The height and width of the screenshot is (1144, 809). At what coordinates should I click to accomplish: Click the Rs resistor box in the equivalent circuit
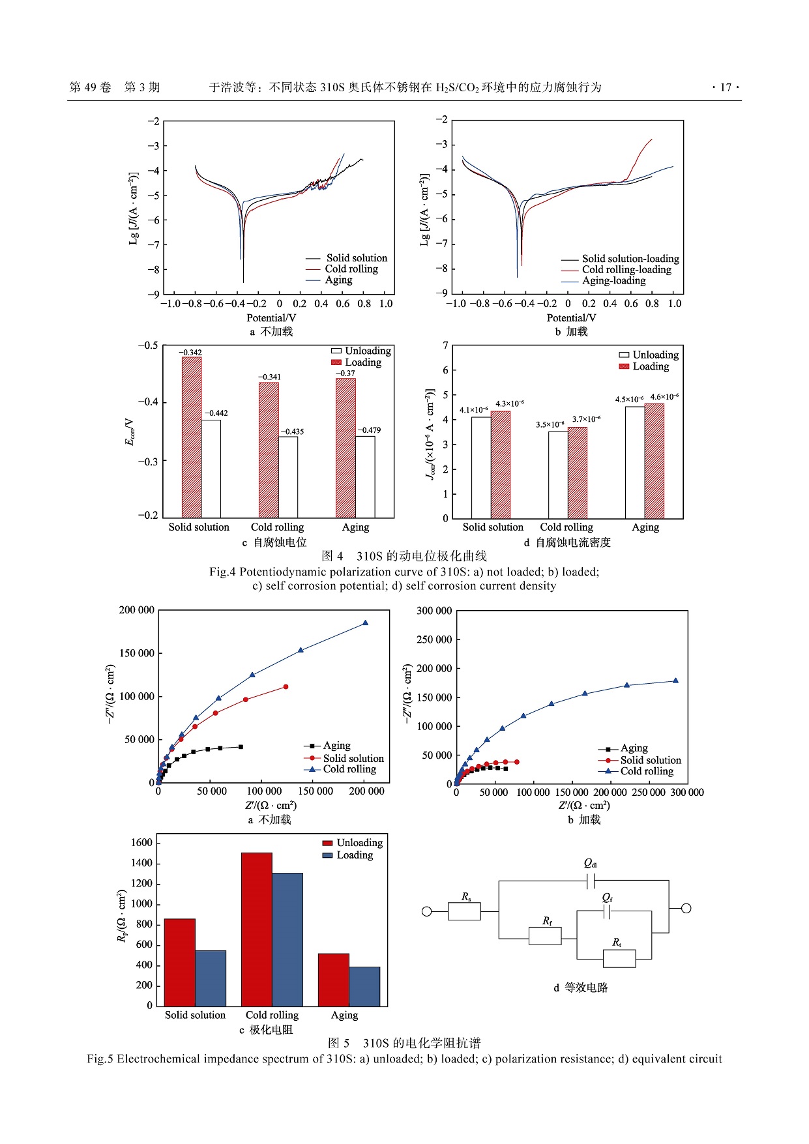coord(464,911)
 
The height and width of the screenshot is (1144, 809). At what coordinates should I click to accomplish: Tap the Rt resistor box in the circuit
coord(619,958)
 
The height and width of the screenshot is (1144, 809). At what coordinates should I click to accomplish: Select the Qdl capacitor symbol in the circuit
coord(591,881)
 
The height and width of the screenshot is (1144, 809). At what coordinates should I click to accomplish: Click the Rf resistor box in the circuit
coord(544,936)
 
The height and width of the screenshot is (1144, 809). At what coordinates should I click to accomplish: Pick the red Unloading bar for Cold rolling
coord(256,929)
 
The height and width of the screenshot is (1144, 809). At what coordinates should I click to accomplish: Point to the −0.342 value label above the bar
coord(190,353)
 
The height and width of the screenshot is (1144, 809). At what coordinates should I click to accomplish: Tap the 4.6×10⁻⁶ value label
coord(664,396)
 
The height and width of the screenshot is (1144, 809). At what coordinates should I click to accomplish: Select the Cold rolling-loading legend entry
coord(626,270)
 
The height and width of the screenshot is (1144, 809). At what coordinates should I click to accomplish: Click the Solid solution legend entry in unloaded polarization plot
coord(356,258)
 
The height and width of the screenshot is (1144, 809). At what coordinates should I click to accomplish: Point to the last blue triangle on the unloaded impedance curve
coord(365,623)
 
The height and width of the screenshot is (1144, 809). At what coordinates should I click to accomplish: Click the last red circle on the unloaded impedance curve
coord(286,687)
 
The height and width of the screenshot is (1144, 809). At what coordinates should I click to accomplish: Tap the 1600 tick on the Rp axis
coord(141,843)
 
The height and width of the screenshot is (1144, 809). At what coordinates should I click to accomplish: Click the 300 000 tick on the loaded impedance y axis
coord(434,611)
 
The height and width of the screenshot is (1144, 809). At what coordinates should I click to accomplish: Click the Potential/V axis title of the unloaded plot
coord(271,318)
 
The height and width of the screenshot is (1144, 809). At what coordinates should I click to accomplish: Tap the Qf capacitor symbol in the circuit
coord(608,911)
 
